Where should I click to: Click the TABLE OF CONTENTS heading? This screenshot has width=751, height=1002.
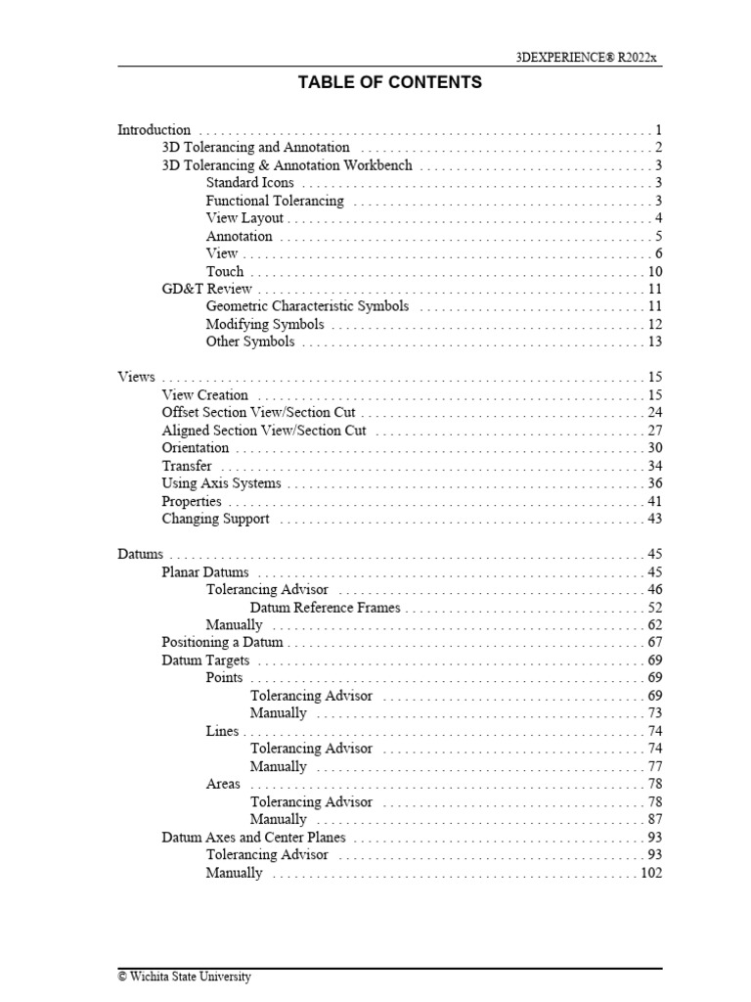(389, 83)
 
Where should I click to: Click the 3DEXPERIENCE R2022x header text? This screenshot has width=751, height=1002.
(588, 58)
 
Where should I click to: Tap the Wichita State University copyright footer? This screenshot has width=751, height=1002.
(184, 977)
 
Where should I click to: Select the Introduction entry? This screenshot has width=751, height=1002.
(155, 130)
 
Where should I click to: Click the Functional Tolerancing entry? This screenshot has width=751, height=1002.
(275, 201)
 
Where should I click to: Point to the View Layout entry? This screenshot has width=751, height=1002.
(244, 218)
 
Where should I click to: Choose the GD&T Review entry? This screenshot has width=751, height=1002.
(206, 289)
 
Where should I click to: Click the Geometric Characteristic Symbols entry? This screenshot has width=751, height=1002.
(307, 306)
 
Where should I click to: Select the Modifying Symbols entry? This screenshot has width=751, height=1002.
(265, 324)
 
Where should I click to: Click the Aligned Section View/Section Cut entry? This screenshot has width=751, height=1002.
(263, 431)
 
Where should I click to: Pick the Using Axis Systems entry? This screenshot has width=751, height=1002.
(221, 483)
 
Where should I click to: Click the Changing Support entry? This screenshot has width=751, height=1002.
(215, 519)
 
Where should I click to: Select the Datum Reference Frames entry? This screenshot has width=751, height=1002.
(325, 608)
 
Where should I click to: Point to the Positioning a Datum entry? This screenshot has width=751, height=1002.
(222, 643)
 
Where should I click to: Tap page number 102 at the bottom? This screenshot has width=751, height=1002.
(651, 873)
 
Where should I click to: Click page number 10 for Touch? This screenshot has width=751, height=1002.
(655, 271)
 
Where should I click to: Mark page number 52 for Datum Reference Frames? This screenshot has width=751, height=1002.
(655, 608)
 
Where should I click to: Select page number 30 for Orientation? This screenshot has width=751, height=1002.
(655, 448)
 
